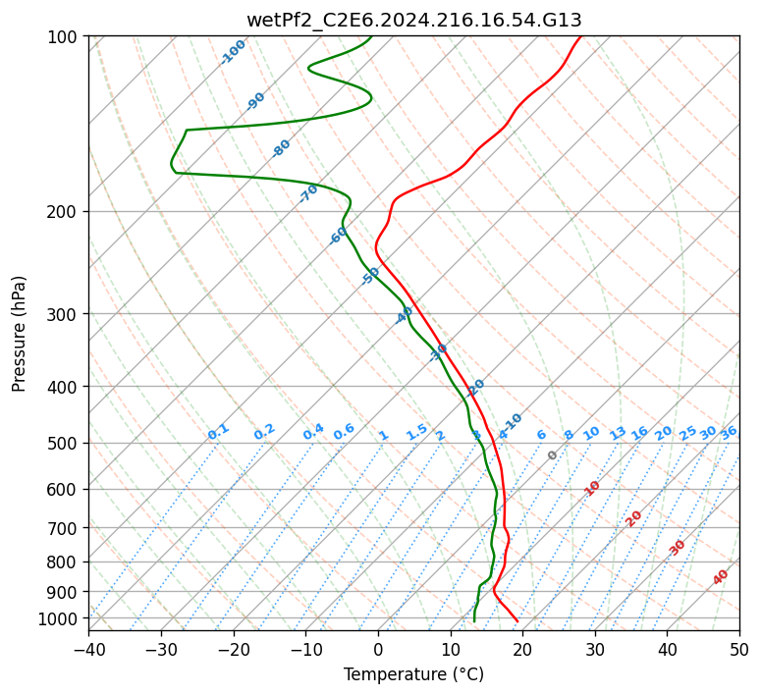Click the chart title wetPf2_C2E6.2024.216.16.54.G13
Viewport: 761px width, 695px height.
[413, 20]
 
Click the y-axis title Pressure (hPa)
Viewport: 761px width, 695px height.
[20, 334]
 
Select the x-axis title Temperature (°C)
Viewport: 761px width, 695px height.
[413, 674]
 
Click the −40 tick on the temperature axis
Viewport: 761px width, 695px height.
[88, 649]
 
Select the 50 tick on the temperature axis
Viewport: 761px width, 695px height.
[739, 649]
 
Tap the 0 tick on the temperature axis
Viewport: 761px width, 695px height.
[378, 649]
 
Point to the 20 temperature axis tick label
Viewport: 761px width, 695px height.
[522, 649]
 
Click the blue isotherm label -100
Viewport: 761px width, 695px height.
[233, 52]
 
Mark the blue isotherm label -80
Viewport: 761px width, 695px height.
[282, 148]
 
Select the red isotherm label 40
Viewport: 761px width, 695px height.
[721, 577]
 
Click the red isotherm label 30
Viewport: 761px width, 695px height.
[678, 547]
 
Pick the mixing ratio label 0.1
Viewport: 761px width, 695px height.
[218, 431]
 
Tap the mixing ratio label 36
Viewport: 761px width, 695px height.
[729, 432]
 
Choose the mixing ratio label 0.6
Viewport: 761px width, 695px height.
[344, 432]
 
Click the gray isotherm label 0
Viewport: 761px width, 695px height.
[553, 455]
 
